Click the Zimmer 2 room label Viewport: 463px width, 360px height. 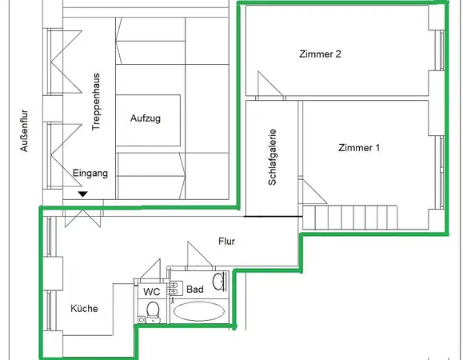click(321, 54)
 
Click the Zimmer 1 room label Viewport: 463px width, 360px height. click(360, 148)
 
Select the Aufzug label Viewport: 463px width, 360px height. click(146, 118)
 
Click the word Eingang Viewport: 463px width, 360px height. click(90, 173)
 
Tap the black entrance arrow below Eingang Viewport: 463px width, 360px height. click(82, 194)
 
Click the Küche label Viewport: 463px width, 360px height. click(84, 309)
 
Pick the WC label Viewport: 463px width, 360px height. click(152, 292)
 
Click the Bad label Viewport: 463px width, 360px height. click(195, 289)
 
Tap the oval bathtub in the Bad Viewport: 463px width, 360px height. click(201, 311)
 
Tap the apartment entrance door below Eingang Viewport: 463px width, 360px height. click(82, 214)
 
